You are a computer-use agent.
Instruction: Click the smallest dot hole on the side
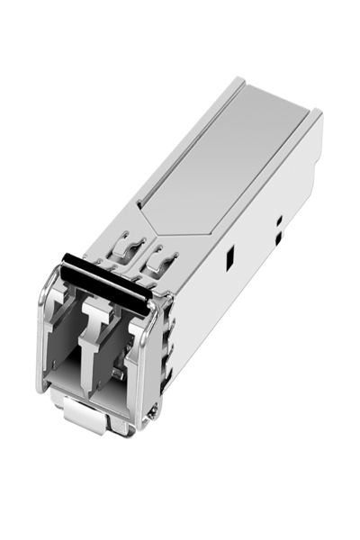(x=281, y=220)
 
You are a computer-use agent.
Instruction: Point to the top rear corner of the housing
(x=315, y=112)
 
